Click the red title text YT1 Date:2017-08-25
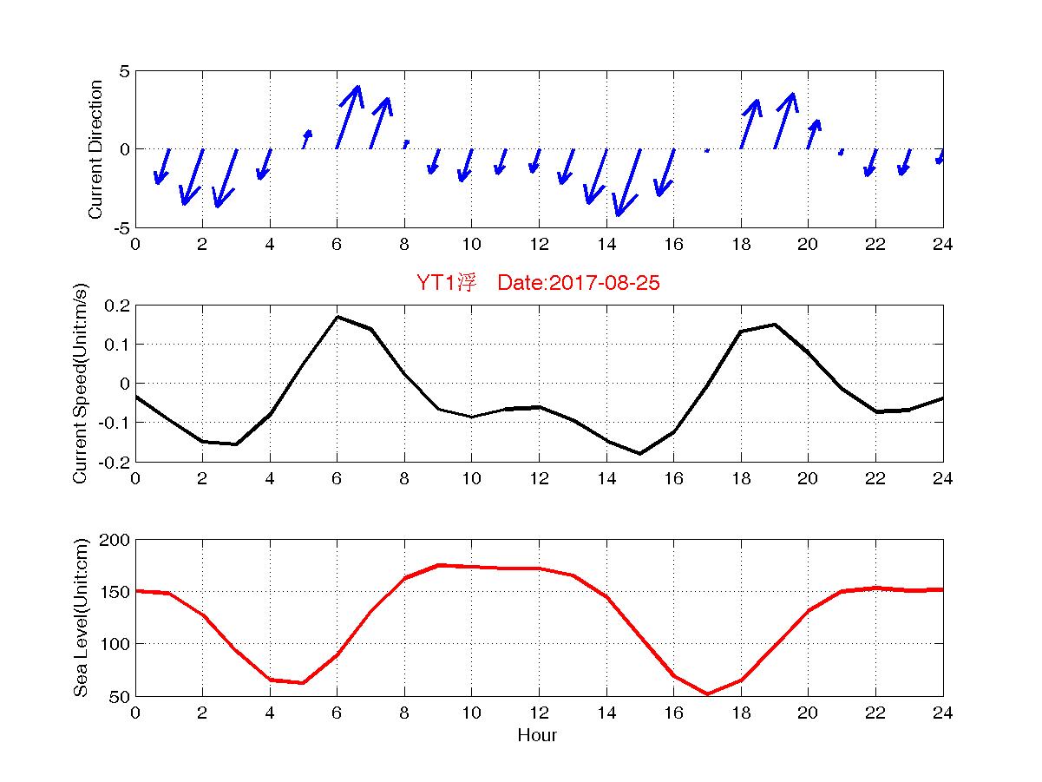[538, 283]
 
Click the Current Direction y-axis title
[96, 149]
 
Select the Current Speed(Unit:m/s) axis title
[82, 384]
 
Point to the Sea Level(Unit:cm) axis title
[82, 617]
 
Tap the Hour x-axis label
[537, 736]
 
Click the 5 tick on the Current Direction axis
[125, 71]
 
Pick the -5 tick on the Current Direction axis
[121, 227]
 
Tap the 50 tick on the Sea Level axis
[120, 696]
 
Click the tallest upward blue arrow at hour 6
[347, 117]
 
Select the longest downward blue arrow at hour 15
[628, 182]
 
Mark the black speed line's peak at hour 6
[338, 317]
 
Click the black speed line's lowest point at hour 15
[639, 453]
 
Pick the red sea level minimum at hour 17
[707, 693]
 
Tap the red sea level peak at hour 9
[438, 565]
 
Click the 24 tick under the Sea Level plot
[942, 713]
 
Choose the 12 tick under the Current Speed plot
[539, 478]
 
